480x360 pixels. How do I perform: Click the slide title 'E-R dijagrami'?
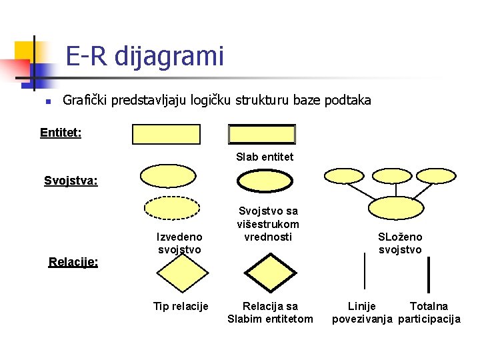(x=145, y=56)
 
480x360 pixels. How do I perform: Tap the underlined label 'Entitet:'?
(x=61, y=133)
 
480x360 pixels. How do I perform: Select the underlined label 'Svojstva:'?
(x=71, y=181)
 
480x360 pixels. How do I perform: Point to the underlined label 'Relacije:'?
(x=73, y=262)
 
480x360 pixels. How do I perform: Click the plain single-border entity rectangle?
(x=166, y=134)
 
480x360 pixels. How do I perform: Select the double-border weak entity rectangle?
(x=261, y=134)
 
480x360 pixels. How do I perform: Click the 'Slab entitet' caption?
(x=265, y=157)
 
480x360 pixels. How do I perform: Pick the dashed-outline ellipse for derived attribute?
(x=172, y=208)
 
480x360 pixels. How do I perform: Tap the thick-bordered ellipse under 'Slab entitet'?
(x=265, y=181)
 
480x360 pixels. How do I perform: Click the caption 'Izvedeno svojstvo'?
(x=179, y=243)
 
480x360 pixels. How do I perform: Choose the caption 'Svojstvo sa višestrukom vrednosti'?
(x=268, y=224)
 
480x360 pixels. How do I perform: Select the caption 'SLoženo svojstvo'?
(x=400, y=243)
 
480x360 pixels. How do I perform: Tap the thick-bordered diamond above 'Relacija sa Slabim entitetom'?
(x=269, y=274)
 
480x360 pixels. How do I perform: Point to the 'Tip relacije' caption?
(x=181, y=306)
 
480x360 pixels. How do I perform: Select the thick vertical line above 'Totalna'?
(x=428, y=275)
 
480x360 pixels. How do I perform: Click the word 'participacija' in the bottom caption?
(x=429, y=319)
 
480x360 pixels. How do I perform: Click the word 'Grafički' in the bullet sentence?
(x=85, y=101)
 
